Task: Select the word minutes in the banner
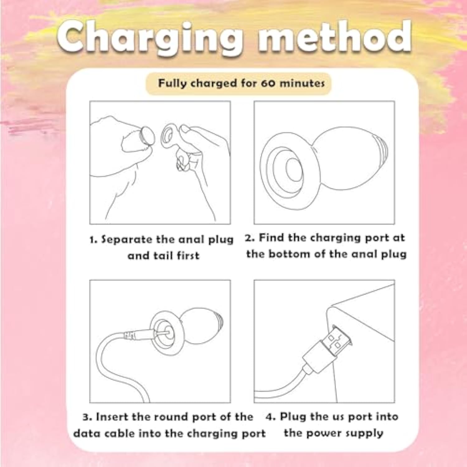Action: point(302,83)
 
